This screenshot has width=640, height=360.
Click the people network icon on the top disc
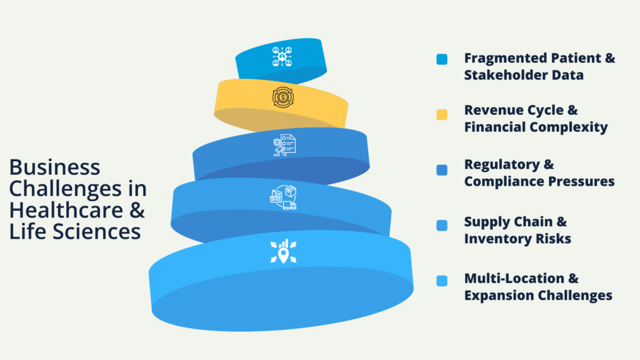tap(282, 56)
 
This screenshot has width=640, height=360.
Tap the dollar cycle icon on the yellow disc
tap(283, 97)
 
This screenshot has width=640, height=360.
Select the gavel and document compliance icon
tap(284, 145)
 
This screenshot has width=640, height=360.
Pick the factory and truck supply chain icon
tap(283, 197)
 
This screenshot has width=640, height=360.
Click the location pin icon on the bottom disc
tap(283, 251)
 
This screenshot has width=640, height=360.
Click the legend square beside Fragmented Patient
tap(442, 59)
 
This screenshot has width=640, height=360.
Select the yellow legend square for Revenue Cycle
tap(442, 115)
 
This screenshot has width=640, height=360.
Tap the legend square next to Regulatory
tap(442, 170)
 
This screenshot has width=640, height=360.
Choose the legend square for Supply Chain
tap(442, 225)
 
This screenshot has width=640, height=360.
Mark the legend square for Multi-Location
tap(442, 281)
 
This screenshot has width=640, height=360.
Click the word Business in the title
tap(55, 167)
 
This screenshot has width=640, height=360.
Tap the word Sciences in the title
tap(97, 231)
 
